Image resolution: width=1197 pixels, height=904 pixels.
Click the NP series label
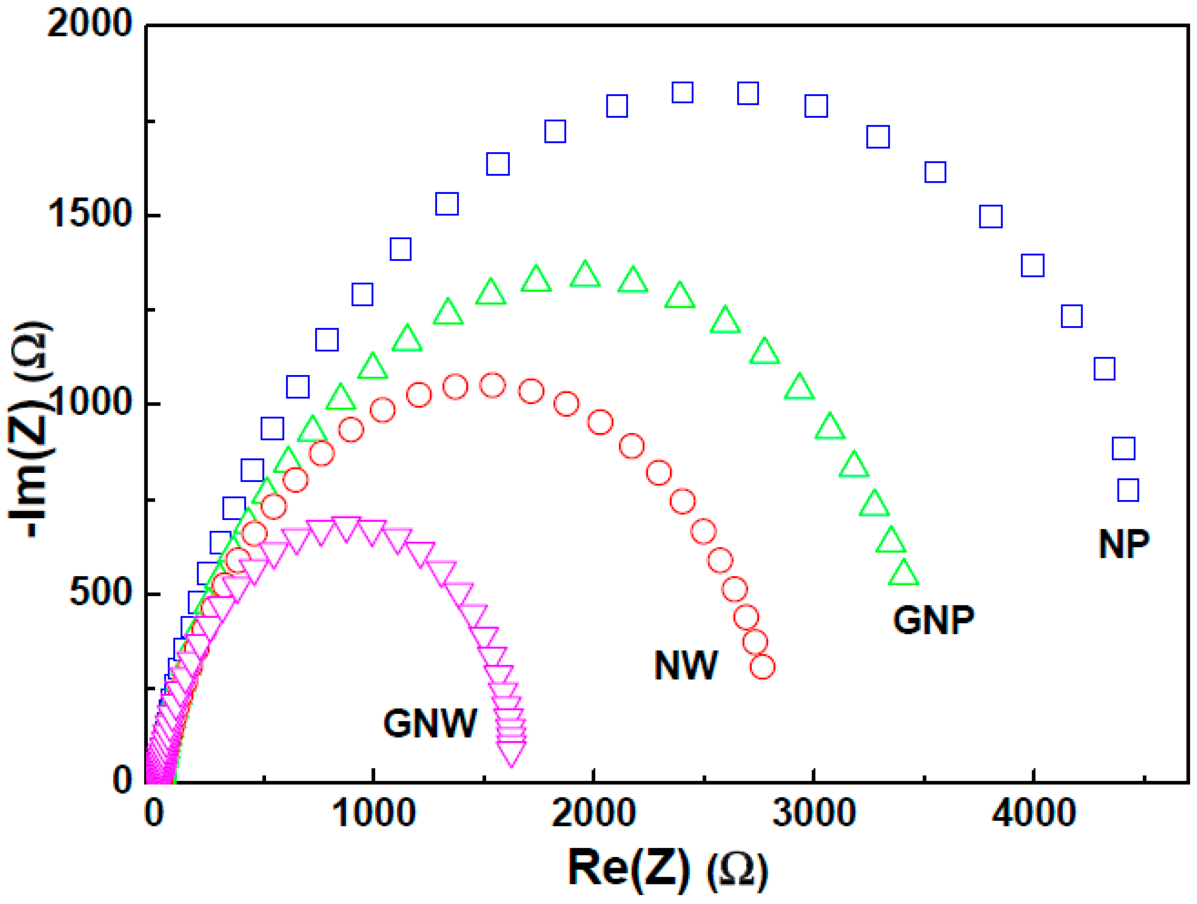1124,544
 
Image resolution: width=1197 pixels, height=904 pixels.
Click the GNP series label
933,620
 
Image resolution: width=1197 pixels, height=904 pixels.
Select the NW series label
686,665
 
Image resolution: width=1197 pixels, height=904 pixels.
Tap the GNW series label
430,723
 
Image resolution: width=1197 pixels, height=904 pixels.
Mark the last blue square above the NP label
1128,490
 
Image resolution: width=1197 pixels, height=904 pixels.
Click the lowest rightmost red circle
762,667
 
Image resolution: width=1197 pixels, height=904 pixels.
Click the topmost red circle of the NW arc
493,386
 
